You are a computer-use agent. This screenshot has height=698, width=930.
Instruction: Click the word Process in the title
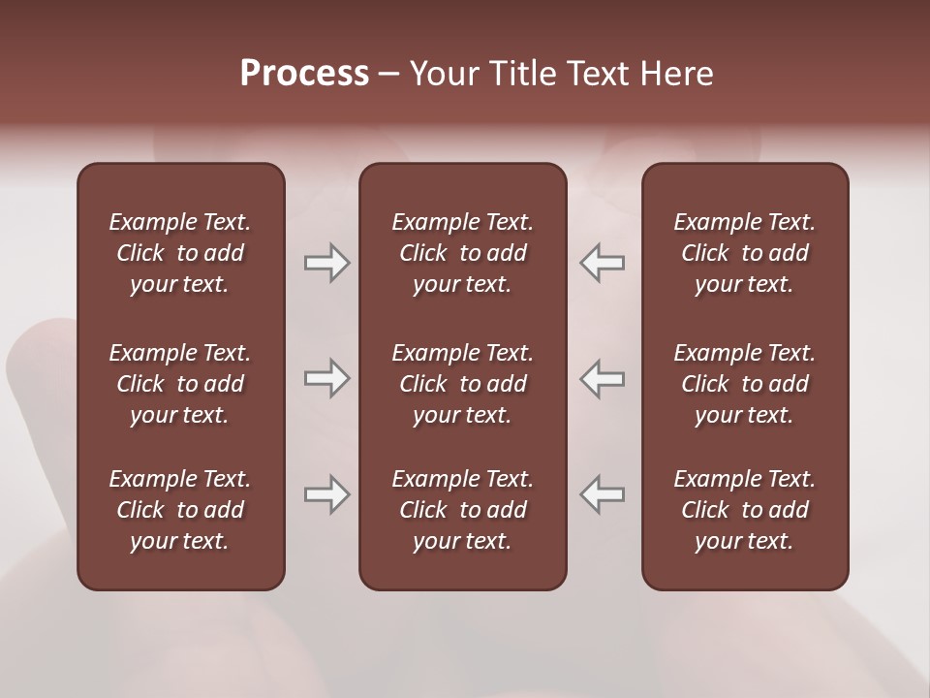pos(304,74)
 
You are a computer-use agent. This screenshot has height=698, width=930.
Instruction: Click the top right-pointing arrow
pos(327,263)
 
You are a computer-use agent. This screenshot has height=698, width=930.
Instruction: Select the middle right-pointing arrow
pos(327,378)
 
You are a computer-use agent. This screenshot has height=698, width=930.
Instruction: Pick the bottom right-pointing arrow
pos(327,494)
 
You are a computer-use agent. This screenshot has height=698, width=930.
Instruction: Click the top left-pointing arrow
pos(603,263)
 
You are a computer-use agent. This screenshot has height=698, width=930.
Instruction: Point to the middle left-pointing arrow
pos(603,378)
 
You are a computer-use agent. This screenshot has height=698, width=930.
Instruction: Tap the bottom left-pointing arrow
pos(603,494)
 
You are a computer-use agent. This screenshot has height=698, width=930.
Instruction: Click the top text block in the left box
pos(180,253)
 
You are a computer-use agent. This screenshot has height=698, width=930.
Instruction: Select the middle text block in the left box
pos(180,384)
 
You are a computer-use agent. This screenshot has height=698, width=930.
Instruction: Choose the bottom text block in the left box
pos(180,510)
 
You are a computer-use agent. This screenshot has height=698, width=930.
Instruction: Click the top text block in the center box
pos(462,253)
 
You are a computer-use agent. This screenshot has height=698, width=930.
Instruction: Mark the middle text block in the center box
pos(462,384)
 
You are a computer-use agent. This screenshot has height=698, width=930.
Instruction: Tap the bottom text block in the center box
pos(462,510)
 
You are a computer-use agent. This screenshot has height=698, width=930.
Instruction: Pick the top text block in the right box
pos(744,253)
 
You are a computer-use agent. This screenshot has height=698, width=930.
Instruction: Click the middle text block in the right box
pos(744,384)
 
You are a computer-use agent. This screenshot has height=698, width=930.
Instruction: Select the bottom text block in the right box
pos(744,510)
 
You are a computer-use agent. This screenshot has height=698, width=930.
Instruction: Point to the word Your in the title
pos(445,74)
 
